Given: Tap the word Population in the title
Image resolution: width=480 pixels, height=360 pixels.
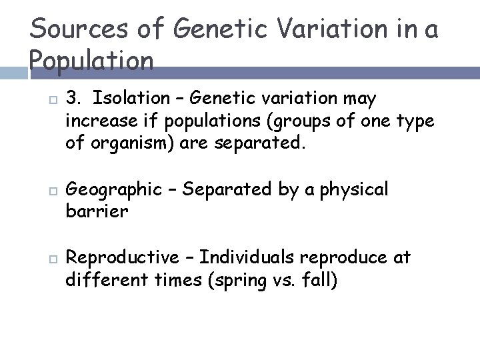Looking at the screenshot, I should tap(93, 61).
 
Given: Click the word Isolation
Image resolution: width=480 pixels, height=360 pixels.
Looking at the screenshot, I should tap(132, 99).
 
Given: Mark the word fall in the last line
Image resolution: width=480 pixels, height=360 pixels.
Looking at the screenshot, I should tap(317, 279).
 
